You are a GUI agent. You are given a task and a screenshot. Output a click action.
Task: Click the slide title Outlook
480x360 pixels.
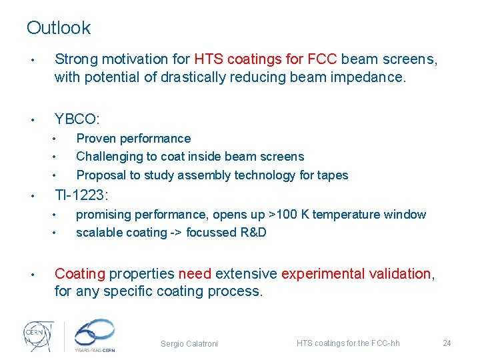[59, 28]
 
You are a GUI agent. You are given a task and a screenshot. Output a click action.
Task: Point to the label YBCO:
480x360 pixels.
[77, 119]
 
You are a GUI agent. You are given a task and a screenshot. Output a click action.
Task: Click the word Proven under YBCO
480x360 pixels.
[97, 139]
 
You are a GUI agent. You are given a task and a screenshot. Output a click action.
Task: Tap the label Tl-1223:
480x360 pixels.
[81, 195]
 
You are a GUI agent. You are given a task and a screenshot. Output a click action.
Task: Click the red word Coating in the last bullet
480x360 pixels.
[80, 274]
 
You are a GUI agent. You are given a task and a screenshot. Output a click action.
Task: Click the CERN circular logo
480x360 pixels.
[37, 334]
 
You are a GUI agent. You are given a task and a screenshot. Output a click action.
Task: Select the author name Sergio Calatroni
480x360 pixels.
[189, 344]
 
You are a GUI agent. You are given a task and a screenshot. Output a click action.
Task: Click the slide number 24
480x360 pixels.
[447, 343]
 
